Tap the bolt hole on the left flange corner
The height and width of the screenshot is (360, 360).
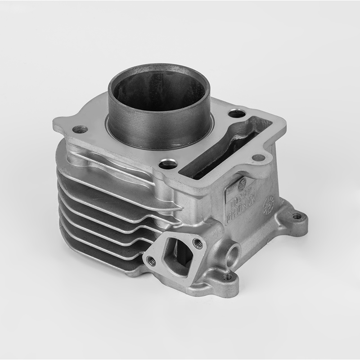coord(80,130)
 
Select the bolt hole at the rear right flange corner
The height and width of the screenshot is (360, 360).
coord(236,113)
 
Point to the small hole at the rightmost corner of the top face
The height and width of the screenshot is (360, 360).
coord(258,157)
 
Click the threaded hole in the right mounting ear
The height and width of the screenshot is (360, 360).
coord(297,216)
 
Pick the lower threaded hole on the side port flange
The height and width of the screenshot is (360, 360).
coord(152,261)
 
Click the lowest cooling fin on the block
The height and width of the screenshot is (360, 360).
coord(90,252)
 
